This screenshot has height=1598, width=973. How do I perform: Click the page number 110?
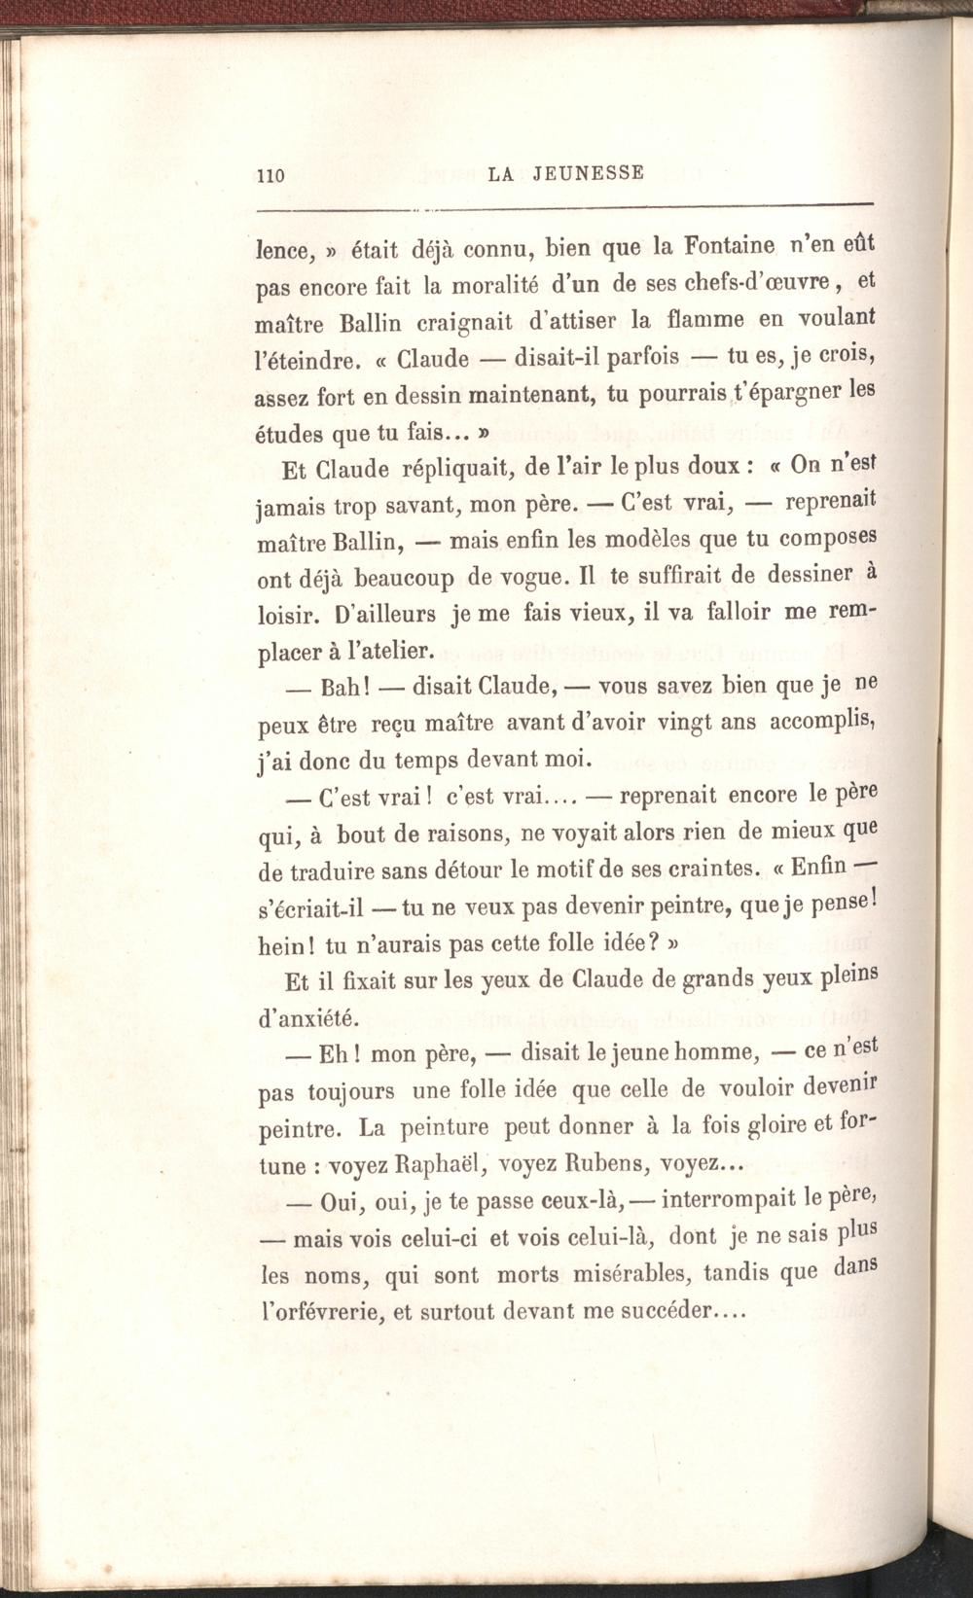click(x=269, y=176)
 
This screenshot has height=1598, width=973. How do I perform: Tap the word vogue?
click(x=526, y=577)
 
